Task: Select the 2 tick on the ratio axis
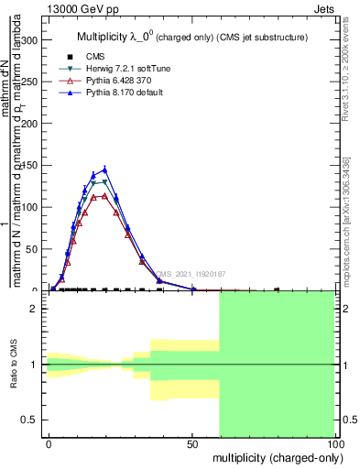click(34, 309)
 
